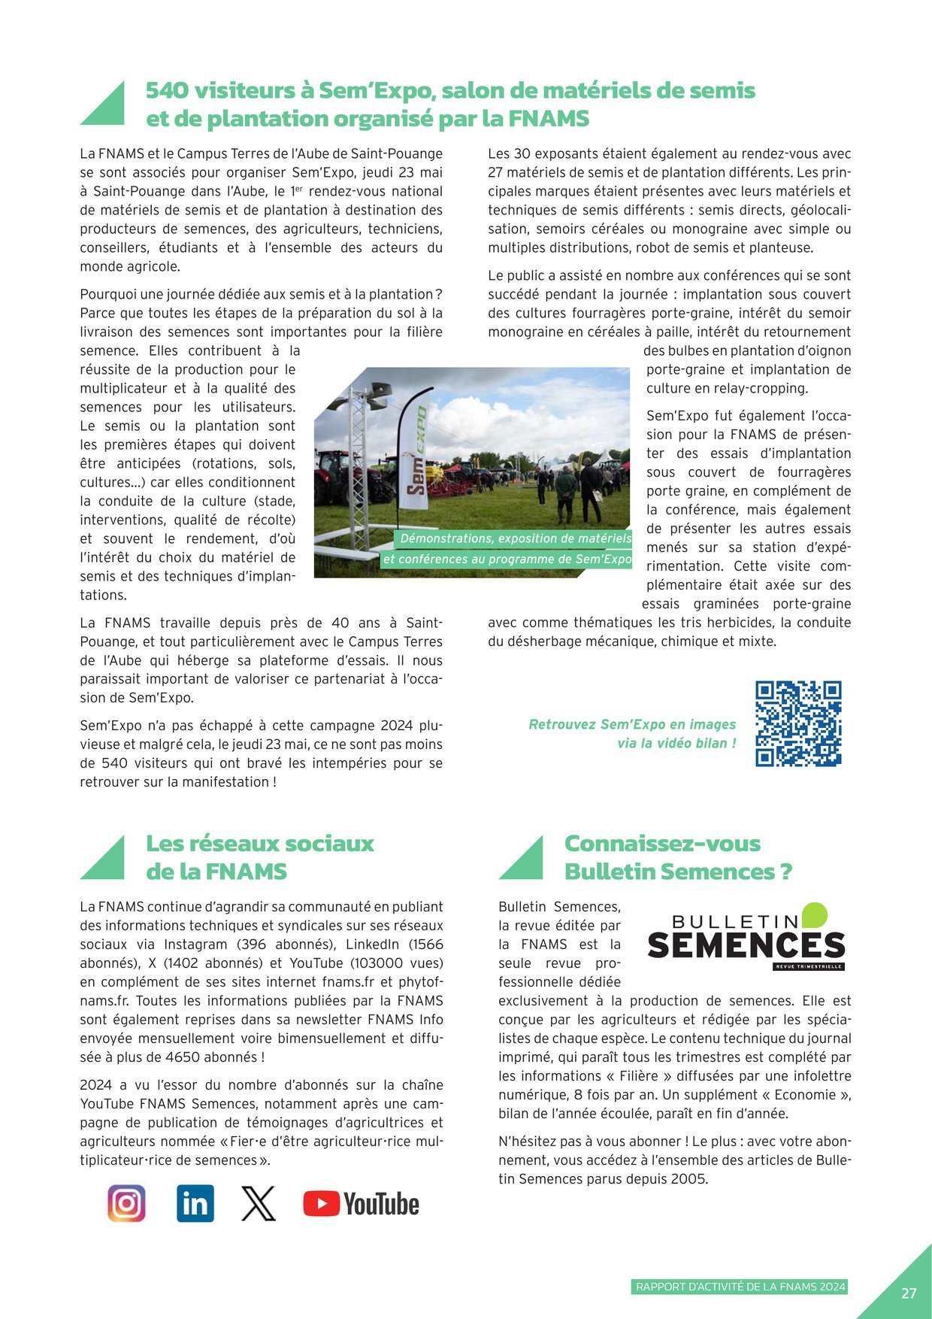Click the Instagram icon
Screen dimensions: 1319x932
pos(126,1204)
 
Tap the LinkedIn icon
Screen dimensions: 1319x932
pos(195,1204)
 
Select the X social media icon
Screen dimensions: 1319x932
pos(258,1204)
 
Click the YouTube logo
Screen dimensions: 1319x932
pos(361,1204)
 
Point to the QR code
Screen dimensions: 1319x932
pos(798,723)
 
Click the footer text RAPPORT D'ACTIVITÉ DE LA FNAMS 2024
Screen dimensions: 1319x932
pos(741,1287)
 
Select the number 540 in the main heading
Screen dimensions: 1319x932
pos(167,90)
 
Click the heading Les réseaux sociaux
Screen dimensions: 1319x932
pos(259,844)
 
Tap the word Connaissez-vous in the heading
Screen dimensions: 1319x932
pos(662,844)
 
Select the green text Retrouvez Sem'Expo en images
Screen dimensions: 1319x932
pos(632,724)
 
